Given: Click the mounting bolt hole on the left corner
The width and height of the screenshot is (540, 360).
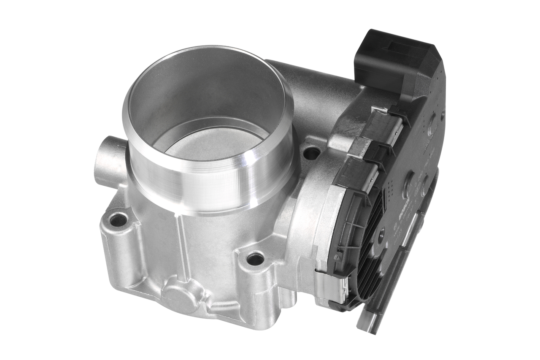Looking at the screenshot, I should pyautogui.click(x=118, y=220).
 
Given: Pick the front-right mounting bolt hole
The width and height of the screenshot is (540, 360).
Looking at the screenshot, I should pyautogui.click(x=255, y=258).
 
